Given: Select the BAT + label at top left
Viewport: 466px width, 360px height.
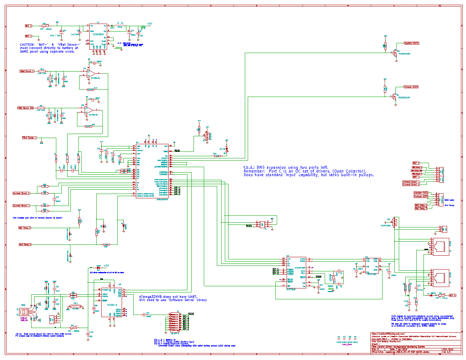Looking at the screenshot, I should [x=28, y=26].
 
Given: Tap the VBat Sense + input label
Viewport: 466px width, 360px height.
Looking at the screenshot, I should [x=27, y=71].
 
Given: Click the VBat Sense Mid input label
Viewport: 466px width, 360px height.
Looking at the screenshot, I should [x=26, y=108].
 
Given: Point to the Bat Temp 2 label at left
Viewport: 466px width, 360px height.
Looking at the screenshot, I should [x=25, y=244].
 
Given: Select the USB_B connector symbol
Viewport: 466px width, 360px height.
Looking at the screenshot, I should [x=24, y=312].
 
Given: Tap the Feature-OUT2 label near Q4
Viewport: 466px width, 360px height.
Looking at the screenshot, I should [x=411, y=87].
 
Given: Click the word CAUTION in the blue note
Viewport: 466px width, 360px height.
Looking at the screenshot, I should [x=27, y=45].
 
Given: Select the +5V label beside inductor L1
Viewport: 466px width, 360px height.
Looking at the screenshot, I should [x=149, y=24].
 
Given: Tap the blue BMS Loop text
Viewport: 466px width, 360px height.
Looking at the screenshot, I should [x=449, y=200].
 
